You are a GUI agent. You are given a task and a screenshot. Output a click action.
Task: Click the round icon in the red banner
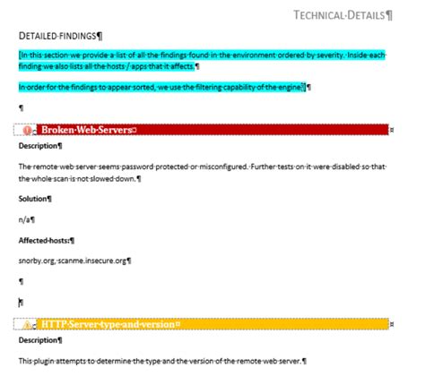(29, 130)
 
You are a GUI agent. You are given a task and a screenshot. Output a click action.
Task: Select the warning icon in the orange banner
(29, 322)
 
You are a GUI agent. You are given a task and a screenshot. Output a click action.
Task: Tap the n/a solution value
(25, 218)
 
